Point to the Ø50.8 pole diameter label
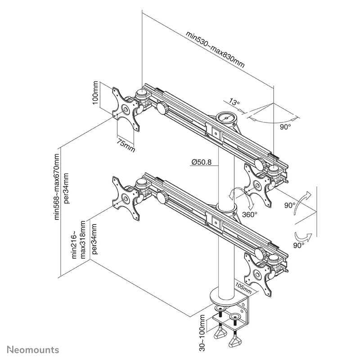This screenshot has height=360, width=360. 201,162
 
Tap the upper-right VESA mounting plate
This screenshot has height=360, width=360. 258,184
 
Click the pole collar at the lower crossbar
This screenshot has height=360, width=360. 225,207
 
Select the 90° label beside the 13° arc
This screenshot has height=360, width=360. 285,127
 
